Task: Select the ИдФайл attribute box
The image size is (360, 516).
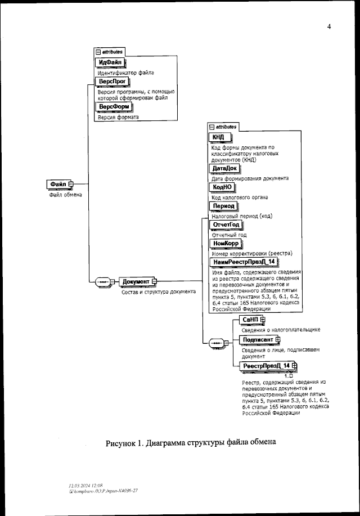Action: pyautogui.click(x=110, y=62)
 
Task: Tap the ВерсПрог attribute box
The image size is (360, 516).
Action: pyautogui.click(x=111, y=82)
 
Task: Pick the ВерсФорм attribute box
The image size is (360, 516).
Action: pyautogui.click(x=114, y=107)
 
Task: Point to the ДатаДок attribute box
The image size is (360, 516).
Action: pyautogui.click(x=224, y=168)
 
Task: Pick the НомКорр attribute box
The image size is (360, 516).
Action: pyautogui.click(x=225, y=243)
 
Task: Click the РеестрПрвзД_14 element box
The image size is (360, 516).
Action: pyautogui.click(x=265, y=366)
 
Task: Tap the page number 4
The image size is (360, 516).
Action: pyautogui.click(x=328, y=26)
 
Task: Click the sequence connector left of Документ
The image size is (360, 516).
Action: pyautogui.click(x=102, y=281)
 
